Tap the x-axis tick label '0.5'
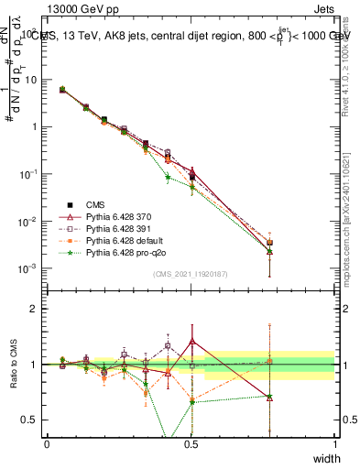[x=191, y=443]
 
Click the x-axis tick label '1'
[x=335, y=443]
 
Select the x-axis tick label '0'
[x=47, y=443]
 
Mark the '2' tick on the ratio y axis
[x=36, y=309]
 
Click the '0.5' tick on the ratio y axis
[x=32, y=420]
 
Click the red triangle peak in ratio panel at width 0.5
[x=191, y=341]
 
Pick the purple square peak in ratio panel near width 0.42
[x=168, y=345]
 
